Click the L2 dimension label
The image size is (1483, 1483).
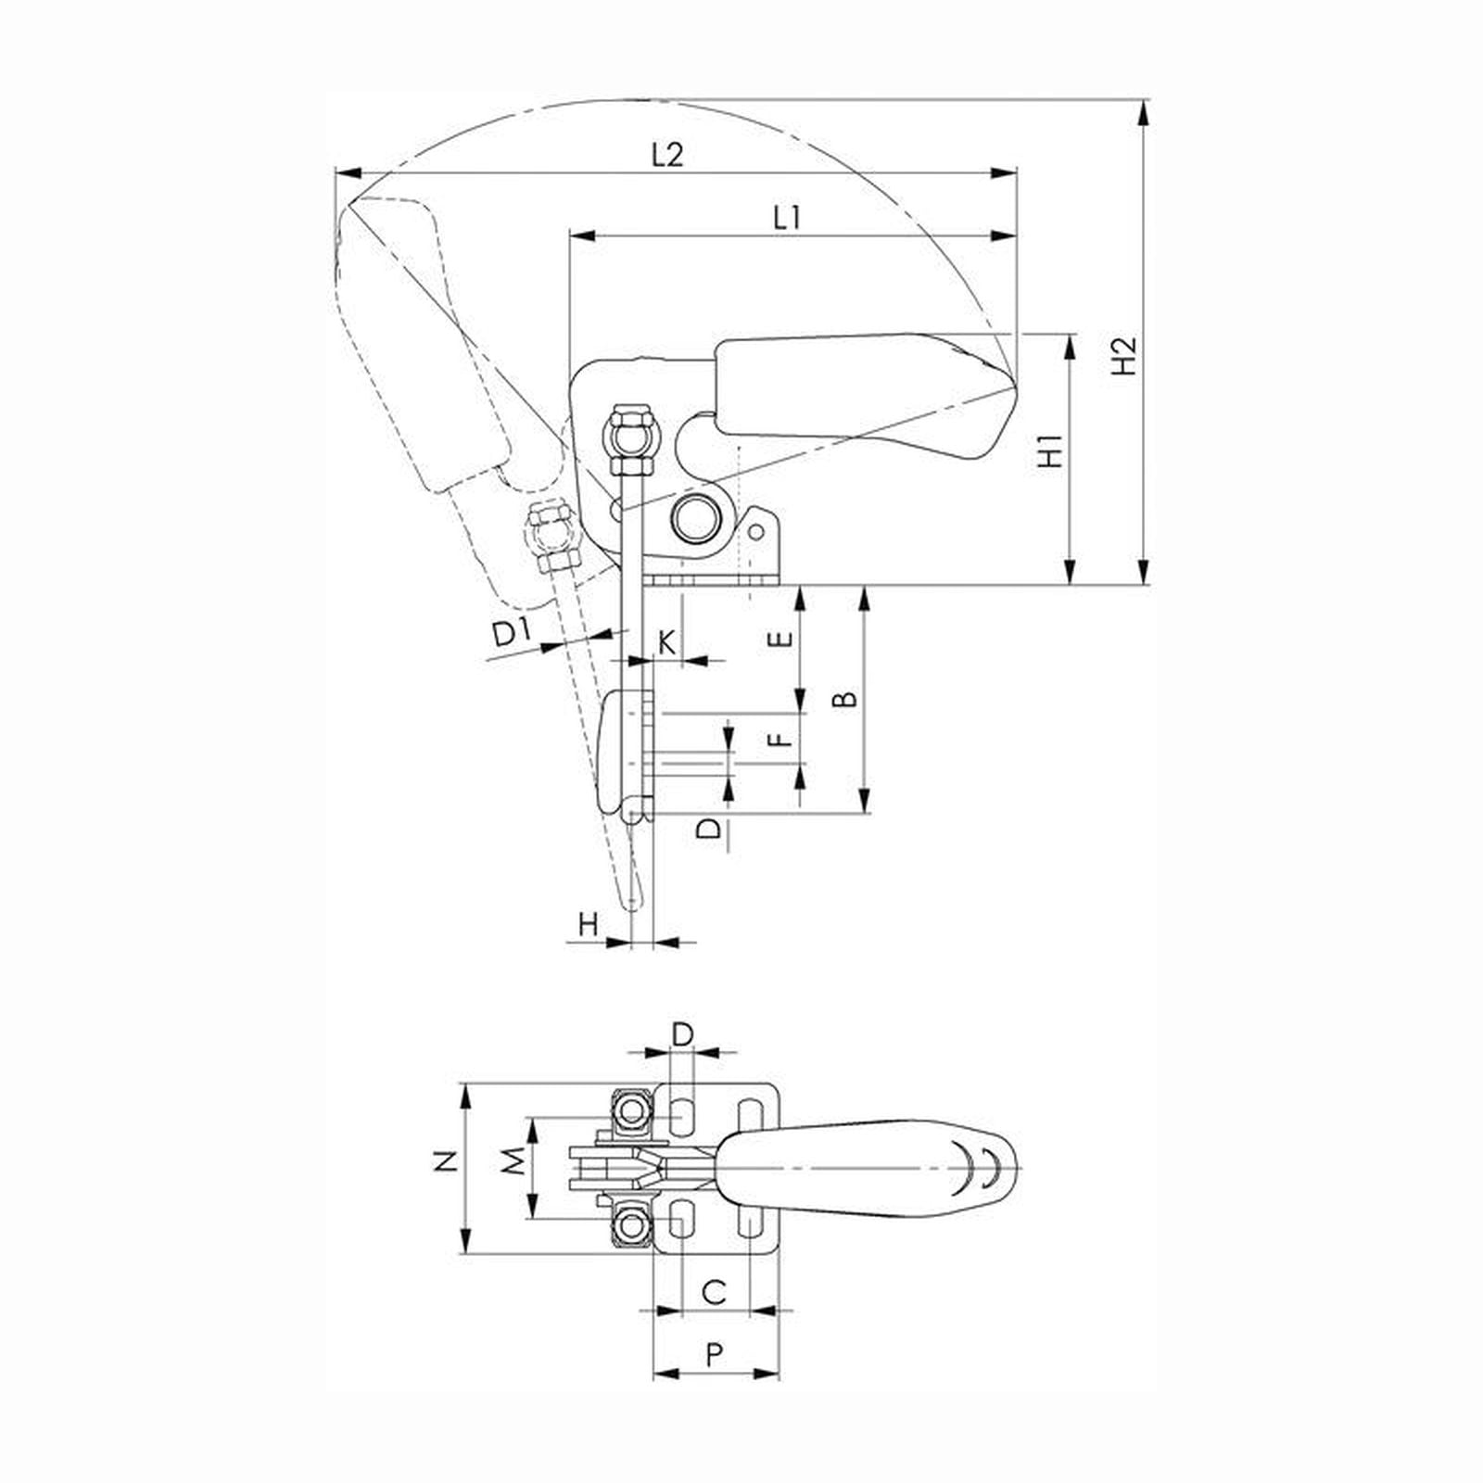pyautogui.click(x=666, y=154)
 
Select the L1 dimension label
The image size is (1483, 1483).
pyautogui.click(x=786, y=218)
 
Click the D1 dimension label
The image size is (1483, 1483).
pyautogui.click(x=511, y=633)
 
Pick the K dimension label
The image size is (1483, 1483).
pyautogui.click(x=666, y=641)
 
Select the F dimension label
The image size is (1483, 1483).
pyautogui.click(x=783, y=739)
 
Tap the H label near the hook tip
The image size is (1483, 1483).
pyautogui.click(x=588, y=923)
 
